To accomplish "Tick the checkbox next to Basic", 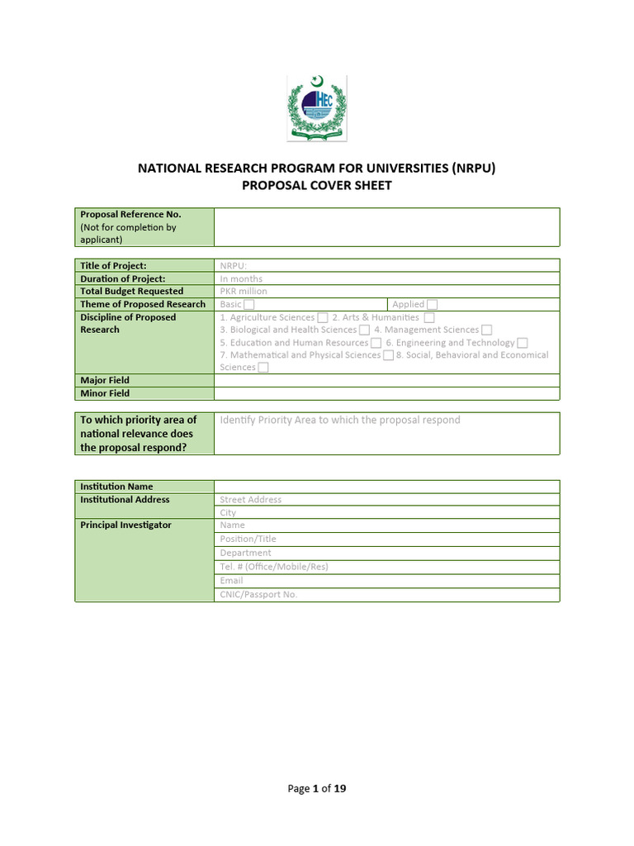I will pyautogui.click(x=248, y=305).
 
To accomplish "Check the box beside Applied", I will pyautogui.click(x=432, y=305).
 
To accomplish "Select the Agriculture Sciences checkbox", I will pyautogui.click(x=323, y=317).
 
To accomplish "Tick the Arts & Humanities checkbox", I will pyautogui.click(x=429, y=317).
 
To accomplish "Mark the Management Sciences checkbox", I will pyautogui.click(x=487, y=330).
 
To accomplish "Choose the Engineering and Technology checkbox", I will pyautogui.click(x=523, y=343).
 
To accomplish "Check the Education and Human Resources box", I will pyautogui.click(x=376, y=343).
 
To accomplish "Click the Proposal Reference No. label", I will pyautogui.click(x=130, y=214).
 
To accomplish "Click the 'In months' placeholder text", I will pyautogui.click(x=241, y=279).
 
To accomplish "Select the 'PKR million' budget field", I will pyautogui.click(x=244, y=292).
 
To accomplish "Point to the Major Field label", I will pyautogui.click(x=105, y=381).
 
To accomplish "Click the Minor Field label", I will pyautogui.click(x=105, y=393).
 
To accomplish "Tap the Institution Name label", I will pyautogui.click(x=116, y=487).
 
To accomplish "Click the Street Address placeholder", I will pyautogui.click(x=251, y=500).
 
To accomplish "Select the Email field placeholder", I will pyautogui.click(x=231, y=581).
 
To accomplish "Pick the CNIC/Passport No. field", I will pyautogui.click(x=258, y=594).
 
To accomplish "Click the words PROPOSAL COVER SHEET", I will pyautogui.click(x=316, y=186).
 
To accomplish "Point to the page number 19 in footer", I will pyautogui.click(x=339, y=789).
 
